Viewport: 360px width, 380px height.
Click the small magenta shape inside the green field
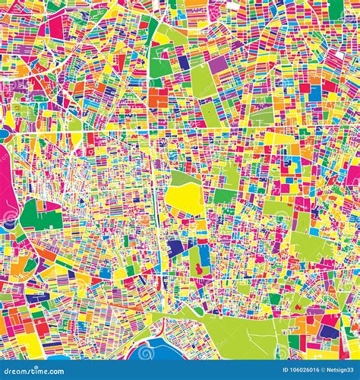[199, 268]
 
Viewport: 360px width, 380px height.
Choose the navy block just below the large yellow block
[176, 248]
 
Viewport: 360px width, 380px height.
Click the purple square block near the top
[219, 65]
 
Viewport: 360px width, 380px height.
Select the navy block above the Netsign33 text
[328, 331]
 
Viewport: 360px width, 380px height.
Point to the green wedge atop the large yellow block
[182, 178]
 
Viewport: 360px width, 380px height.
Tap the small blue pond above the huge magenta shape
[4, 134]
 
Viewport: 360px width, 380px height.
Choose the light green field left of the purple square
[203, 79]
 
